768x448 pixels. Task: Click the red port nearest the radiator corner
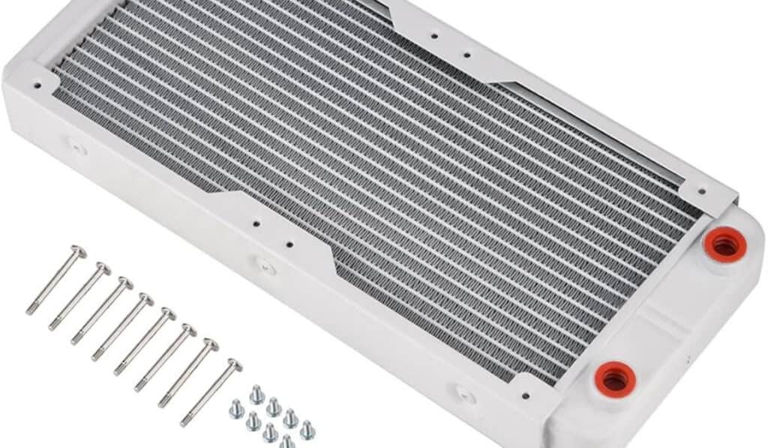(x=724, y=243)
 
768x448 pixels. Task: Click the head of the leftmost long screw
(x=77, y=251)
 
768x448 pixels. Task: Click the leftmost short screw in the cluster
(x=236, y=409)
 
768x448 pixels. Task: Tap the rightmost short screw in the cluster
(x=307, y=430)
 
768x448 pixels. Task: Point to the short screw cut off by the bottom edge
(x=286, y=442)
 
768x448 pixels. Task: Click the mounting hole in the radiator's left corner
(x=37, y=85)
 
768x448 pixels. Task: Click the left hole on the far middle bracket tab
(x=433, y=34)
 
